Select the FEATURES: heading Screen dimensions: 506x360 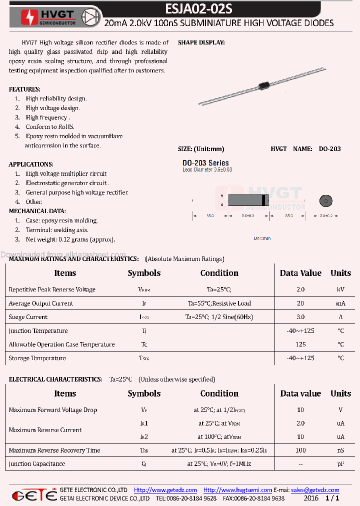(24, 89)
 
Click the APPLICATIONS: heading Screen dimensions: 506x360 (31, 164)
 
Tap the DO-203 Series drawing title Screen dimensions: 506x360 (205, 163)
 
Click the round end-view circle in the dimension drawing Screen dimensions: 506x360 (325, 201)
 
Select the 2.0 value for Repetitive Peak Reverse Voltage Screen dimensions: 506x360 (300, 289)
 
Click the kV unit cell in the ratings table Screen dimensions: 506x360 (340, 289)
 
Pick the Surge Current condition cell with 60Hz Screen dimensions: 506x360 (219, 317)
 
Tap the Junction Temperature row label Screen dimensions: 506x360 (38, 331)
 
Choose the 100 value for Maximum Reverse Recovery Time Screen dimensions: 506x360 (300, 450)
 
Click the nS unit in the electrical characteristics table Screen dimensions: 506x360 (340, 450)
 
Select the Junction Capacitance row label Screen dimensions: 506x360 (37, 464)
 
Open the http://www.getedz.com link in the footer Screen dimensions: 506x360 (165, 490)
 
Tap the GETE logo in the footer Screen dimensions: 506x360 (34, 495)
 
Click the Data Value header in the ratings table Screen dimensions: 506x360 (300, 273)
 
